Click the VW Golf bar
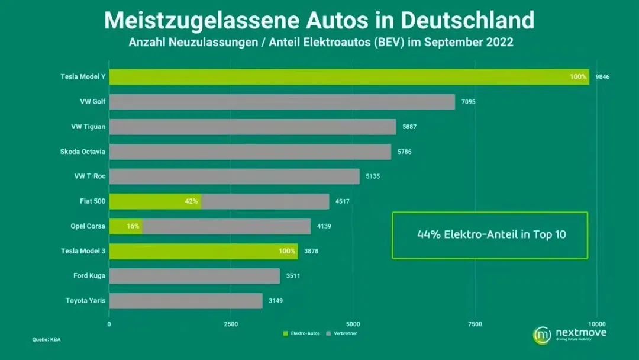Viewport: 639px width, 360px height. pos(282,102)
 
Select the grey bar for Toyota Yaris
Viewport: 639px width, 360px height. pos(186,301)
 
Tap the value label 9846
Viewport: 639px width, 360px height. pos(602,77)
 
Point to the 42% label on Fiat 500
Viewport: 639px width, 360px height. pos(191,201)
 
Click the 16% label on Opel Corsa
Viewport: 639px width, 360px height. pos(133,226)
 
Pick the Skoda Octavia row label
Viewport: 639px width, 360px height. pos(83,152)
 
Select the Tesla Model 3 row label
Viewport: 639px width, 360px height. pos(83,251)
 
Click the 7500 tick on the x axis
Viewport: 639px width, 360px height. pos(475,324)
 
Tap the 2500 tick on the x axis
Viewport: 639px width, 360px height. pos(231,324)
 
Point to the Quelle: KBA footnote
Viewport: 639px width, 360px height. pos(46,339)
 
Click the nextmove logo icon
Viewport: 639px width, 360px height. pos(542,335)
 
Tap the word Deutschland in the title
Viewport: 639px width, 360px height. pos(467,20)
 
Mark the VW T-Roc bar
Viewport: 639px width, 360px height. pos(234,176)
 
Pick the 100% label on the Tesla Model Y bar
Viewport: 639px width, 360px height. pos(579,77)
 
